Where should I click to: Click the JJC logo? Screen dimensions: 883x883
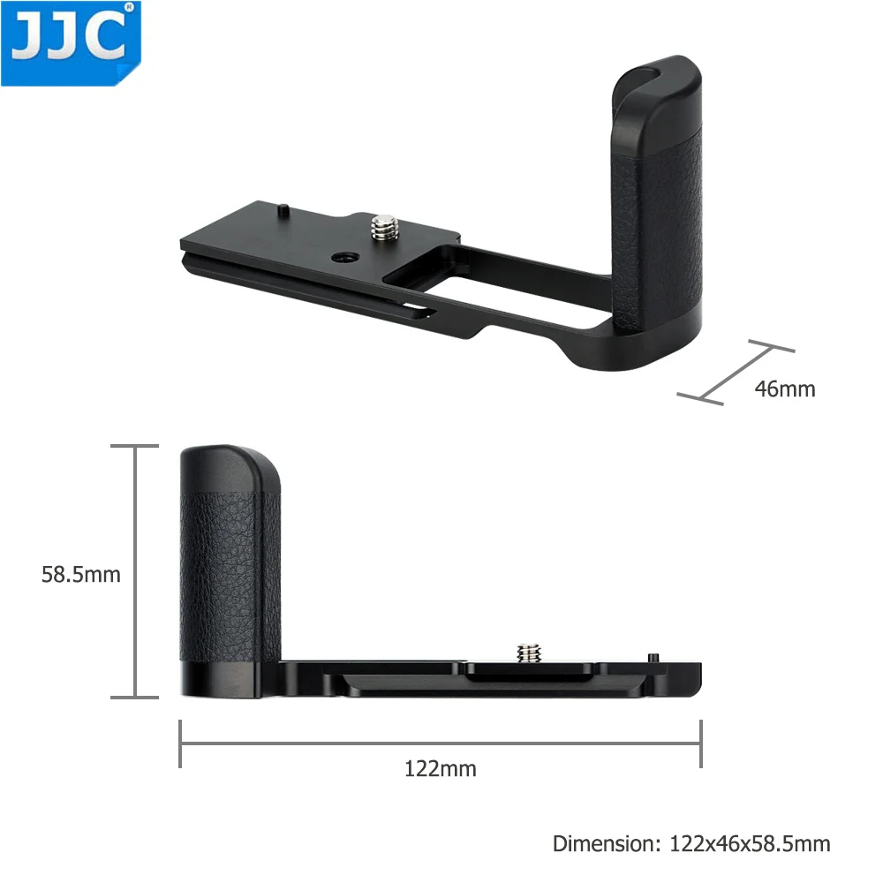pyautogui.click(x=71, y=42)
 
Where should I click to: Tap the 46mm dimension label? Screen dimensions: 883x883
pyautogui.click(x=785, y=388)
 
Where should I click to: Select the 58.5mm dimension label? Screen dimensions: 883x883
pyautogui.click(x=80, y=575)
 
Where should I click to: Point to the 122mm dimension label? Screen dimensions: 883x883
pyautogui.click(x=440, y=768)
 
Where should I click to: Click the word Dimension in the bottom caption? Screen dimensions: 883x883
pyautogui.click(x=601, y=843)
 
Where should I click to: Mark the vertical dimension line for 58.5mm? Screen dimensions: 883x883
pyautogui.click(x=135, y=571)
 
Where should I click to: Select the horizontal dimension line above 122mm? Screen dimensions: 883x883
pyautogui.click(x=440, y=743)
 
